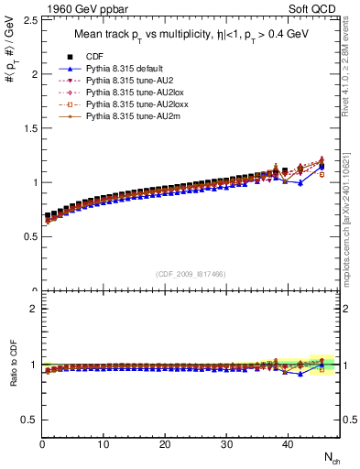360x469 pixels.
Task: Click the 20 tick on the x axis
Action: point(165,446)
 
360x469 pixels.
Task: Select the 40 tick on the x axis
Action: point(287,446)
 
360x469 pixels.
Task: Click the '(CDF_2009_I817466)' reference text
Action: point(191,274)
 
